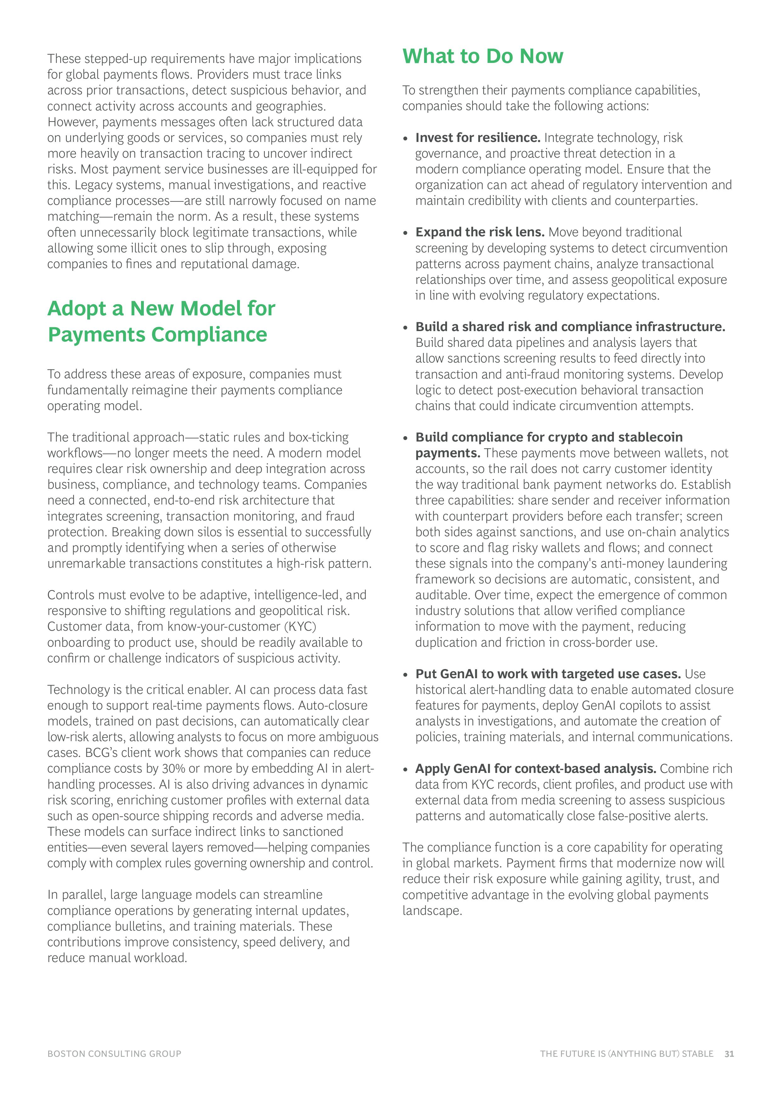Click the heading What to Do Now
click(482, 56)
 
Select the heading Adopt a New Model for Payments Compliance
click(161, 321)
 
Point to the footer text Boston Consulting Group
click(115, 1054)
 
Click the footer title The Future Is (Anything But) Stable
click(626, 1054)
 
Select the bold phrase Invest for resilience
click(478, 138)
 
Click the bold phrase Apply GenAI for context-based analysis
click(536, 769)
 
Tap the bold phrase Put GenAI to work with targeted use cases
click(548, 674)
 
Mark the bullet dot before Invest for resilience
click(406, 138)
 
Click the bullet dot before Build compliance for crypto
click(406, 437)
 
